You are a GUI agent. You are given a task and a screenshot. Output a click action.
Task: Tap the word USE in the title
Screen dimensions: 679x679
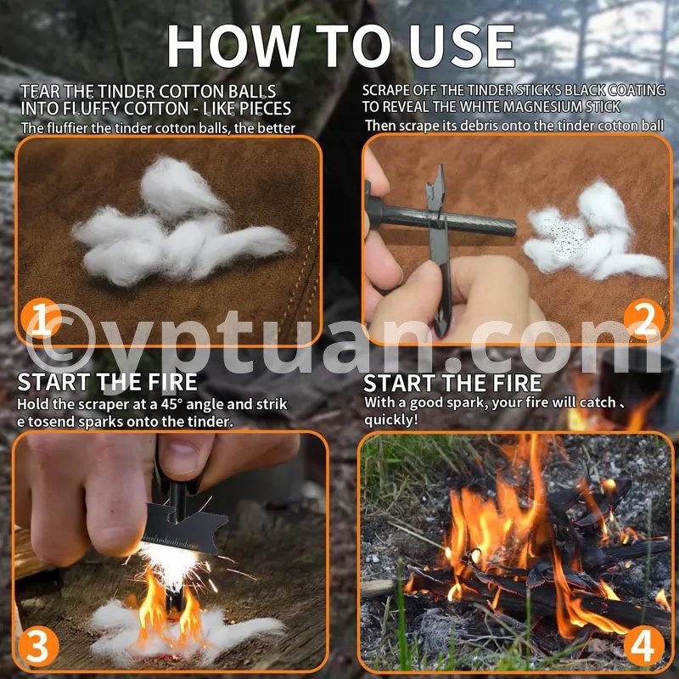pyautogui.click(x=462, y=46)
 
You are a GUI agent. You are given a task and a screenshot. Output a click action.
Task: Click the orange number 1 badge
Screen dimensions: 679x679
pyautogui.click(x=41, y=320)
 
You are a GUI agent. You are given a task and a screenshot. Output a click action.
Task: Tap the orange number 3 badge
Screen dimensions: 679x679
pyautogui.click(x=38, y=647)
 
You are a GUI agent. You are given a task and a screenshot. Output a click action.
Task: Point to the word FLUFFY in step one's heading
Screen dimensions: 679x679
pyautogui.click(x=92, y=109)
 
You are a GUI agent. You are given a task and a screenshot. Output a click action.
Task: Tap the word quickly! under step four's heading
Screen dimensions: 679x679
pyautogui.click(x=391, y=419)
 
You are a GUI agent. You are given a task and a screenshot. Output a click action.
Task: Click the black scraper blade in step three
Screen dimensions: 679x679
pyautogui.click(x=184, y=527)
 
